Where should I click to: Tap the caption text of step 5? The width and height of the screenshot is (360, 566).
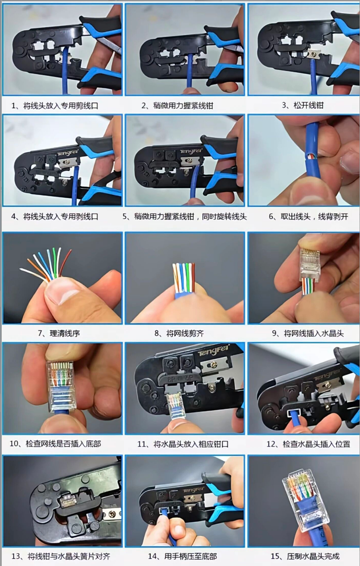click(x=184, y=217)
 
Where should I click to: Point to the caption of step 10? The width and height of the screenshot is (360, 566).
click(x=55, y=444)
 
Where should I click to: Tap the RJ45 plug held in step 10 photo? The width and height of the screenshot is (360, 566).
click(x=61, y=384)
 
